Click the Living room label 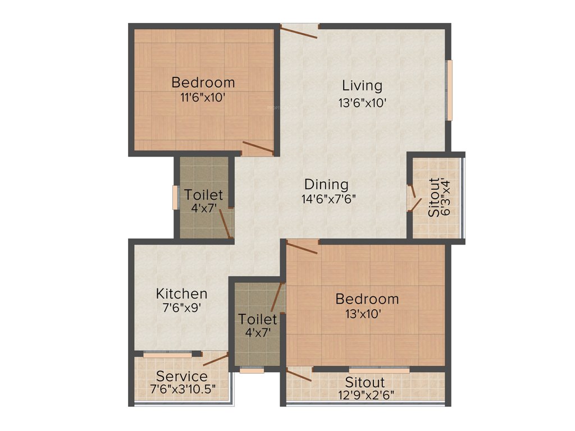pyautogui.click(x=362, y=86)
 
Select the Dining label pyautogui.click(x=326, y=184)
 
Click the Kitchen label pyautogui.click(x=181, y=294)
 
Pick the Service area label pyautogui.click(x=181, y=376)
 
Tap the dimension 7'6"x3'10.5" pyautogui.click(x=182, y=388)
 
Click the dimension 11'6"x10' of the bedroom pyautogui.click(x=203, y=97)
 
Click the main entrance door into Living pyautogui.click(x=299, y=31)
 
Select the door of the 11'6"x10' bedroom pyautogui.click(x=258, y=148)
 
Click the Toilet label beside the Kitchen pyautogui.click(x=258, y=319)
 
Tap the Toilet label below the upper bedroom pyautogui.click(x=204, y=195)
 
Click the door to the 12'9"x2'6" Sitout pyautogui.click(x=299, y=375)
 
